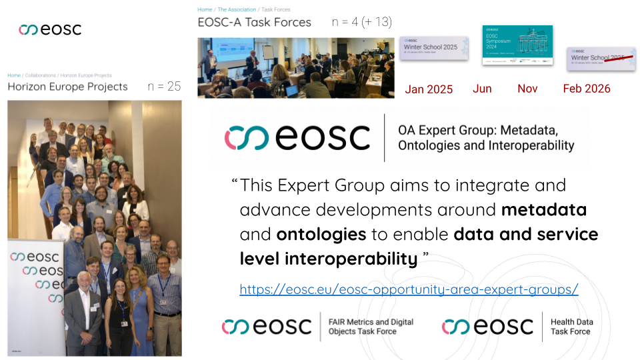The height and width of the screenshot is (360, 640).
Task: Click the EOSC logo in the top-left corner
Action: tap(50, 29)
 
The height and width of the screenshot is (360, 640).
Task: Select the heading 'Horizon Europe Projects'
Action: tap(67, 87)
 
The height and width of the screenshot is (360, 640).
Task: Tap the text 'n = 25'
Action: tap(164, 87)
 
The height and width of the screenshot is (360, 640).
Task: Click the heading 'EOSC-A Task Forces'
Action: tap(254, 23)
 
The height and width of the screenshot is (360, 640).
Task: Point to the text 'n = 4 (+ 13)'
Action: tap(361, 23)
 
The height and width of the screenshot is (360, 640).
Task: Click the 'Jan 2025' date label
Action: tap(429, 89)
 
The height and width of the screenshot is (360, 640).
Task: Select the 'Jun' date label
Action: tap(482, 89)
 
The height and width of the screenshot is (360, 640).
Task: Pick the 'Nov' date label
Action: tap(527, 89)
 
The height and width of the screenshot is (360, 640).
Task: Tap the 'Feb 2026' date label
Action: tap(587, 89)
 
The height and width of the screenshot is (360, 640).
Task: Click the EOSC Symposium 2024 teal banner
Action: tap(517, 45)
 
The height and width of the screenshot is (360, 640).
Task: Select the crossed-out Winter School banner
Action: tap(600, 59)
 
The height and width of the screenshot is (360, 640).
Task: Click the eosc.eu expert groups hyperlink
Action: tap(409, 289)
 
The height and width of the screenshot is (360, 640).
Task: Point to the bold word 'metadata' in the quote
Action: tap(543, 210)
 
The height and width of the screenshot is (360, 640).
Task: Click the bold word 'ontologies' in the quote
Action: tap(321, 235)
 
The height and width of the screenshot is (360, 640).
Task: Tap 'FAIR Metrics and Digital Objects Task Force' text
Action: tap(371, 327)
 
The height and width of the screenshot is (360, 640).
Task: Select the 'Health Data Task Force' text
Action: tap(571, 327)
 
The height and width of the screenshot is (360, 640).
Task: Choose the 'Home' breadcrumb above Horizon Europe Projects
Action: tap(13, 75)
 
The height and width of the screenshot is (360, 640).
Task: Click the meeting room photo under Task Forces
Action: tap(295, 67)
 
